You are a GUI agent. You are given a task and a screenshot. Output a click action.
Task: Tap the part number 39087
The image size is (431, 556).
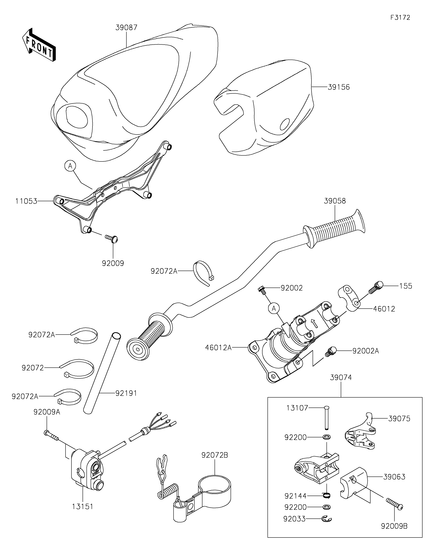pos(126,27)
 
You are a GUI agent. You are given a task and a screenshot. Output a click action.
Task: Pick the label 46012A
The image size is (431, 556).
pos(218,348)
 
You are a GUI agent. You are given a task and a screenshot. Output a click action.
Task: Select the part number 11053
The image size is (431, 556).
pos(26,201)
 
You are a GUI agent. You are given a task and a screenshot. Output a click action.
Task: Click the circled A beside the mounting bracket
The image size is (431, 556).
pos(70,166)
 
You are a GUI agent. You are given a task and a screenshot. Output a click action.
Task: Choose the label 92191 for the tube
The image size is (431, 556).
pos(126,393)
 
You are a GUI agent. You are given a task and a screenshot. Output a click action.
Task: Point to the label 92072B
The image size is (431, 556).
pos(215,455)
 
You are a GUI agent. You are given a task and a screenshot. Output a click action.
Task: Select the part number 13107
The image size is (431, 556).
pos(297,408)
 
